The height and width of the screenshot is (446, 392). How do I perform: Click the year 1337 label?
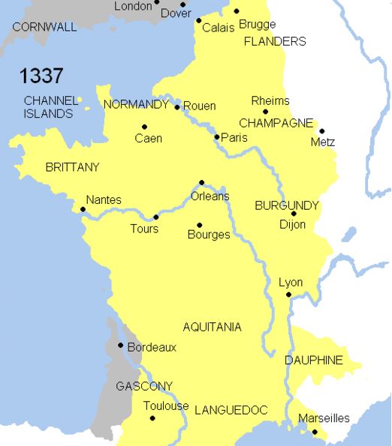tap(41, 76)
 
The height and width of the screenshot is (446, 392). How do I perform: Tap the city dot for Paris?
tap(217, 136)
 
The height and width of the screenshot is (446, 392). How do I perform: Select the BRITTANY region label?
tap(72, 166)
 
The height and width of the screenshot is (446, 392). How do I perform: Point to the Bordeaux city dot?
tap(121, 346)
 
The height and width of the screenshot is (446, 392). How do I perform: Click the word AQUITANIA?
tap(213, 327)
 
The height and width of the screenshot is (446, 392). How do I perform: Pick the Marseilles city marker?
tap(315, 432)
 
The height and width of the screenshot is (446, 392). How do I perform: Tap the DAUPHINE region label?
tap(313, 361)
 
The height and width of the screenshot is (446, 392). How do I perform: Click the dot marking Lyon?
tap(288, 295)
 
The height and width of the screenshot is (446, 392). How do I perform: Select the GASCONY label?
tap(144, 387)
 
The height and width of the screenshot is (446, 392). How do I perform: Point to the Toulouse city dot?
tap(152, 418)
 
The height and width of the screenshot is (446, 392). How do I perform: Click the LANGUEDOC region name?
tap(231, 410)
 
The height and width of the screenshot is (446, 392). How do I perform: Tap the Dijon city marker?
tap(294, 214)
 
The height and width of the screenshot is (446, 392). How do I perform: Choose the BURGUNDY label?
tap(287, 205)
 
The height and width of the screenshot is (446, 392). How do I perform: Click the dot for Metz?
tap(321, 130)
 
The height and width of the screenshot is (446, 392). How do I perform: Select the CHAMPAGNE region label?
tap(276, 122)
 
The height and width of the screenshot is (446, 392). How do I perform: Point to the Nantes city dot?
tap(82, 209)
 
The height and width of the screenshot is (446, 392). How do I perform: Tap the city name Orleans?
tap(211, 196)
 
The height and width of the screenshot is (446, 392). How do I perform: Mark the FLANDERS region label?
tap(275, 42)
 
